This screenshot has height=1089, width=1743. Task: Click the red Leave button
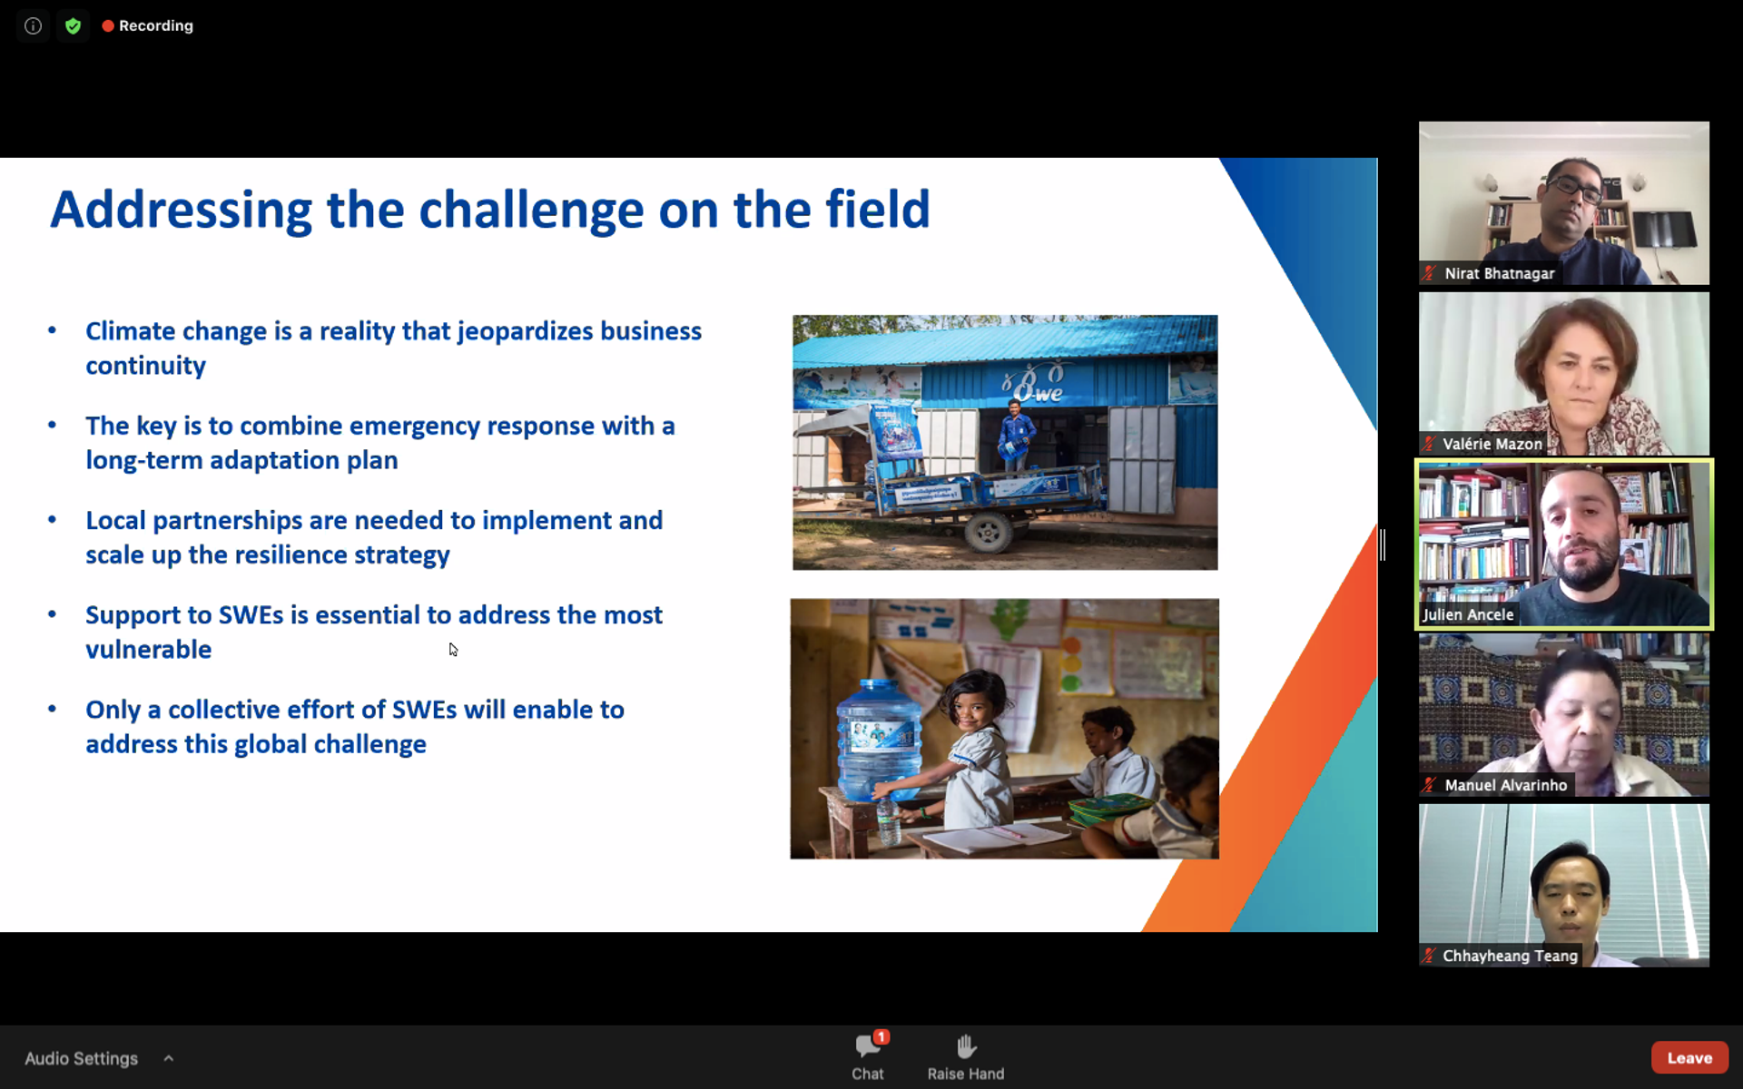click(x=1689, y=1057)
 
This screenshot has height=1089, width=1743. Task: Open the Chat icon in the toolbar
click(x=867, y=1047)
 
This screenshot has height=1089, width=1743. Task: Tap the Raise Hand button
click(x=966, y=1056)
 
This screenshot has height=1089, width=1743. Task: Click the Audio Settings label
click(x=81, y=1058)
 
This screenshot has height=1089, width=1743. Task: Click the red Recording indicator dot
click(x=108, y=25)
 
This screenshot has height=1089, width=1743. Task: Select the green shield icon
click(x=74, y=25)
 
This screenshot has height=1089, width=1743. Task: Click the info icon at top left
click(x=33, y=25)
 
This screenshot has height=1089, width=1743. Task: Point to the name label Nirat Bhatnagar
click(x=1499, y=273)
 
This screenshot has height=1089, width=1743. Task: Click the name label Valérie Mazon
click(x=1492, y=444)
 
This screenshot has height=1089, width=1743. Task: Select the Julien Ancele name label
click(x=1468, y=614)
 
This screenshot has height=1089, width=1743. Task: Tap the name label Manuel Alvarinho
click(x=1505, y=785)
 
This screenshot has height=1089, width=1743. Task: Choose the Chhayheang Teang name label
click(x=1510, y=956)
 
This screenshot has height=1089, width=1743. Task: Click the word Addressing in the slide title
click(x=182, y=211)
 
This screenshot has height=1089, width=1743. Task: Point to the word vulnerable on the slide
click(x=148, y=650)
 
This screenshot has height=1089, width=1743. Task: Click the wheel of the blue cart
click(x=988, y=533)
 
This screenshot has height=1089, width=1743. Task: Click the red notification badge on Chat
click(x=881, y=1036)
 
